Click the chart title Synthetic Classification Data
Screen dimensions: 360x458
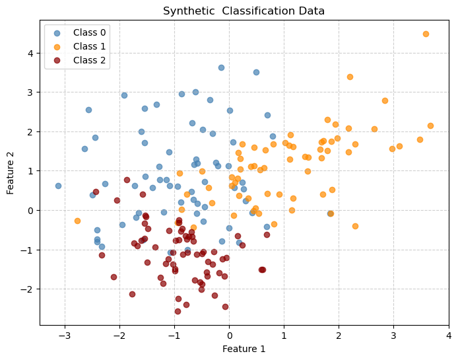pyautogui.click(x=244, y=11)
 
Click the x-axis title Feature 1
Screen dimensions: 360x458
pyautogui.click(x=244, y=349)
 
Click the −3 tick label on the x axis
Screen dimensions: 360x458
pyautogui.click(x=65, y=336)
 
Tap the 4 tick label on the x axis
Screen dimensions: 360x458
pyautogui.click(x=448, y=336)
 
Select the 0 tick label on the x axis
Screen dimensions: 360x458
pyautogui.click(x=229, y=336)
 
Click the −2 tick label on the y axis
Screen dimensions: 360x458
pyautogui.click(x=29, y=289)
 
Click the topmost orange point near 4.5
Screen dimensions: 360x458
pyautogui.click(x=426, y=34)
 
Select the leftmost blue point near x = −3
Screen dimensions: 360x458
pyautogui.click(x=58, y=186)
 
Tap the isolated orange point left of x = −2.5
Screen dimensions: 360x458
pyautogui.click(x=77, y=221)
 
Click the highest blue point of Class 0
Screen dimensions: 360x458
pyautogui.click(x=221, y=67)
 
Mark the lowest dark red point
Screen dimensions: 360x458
pyautogui.click(x=178, y=311)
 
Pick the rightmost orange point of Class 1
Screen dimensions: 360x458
pyautogui.click(x=430, y=126)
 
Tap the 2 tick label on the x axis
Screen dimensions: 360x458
pyautogui.click(x=339, y=336)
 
